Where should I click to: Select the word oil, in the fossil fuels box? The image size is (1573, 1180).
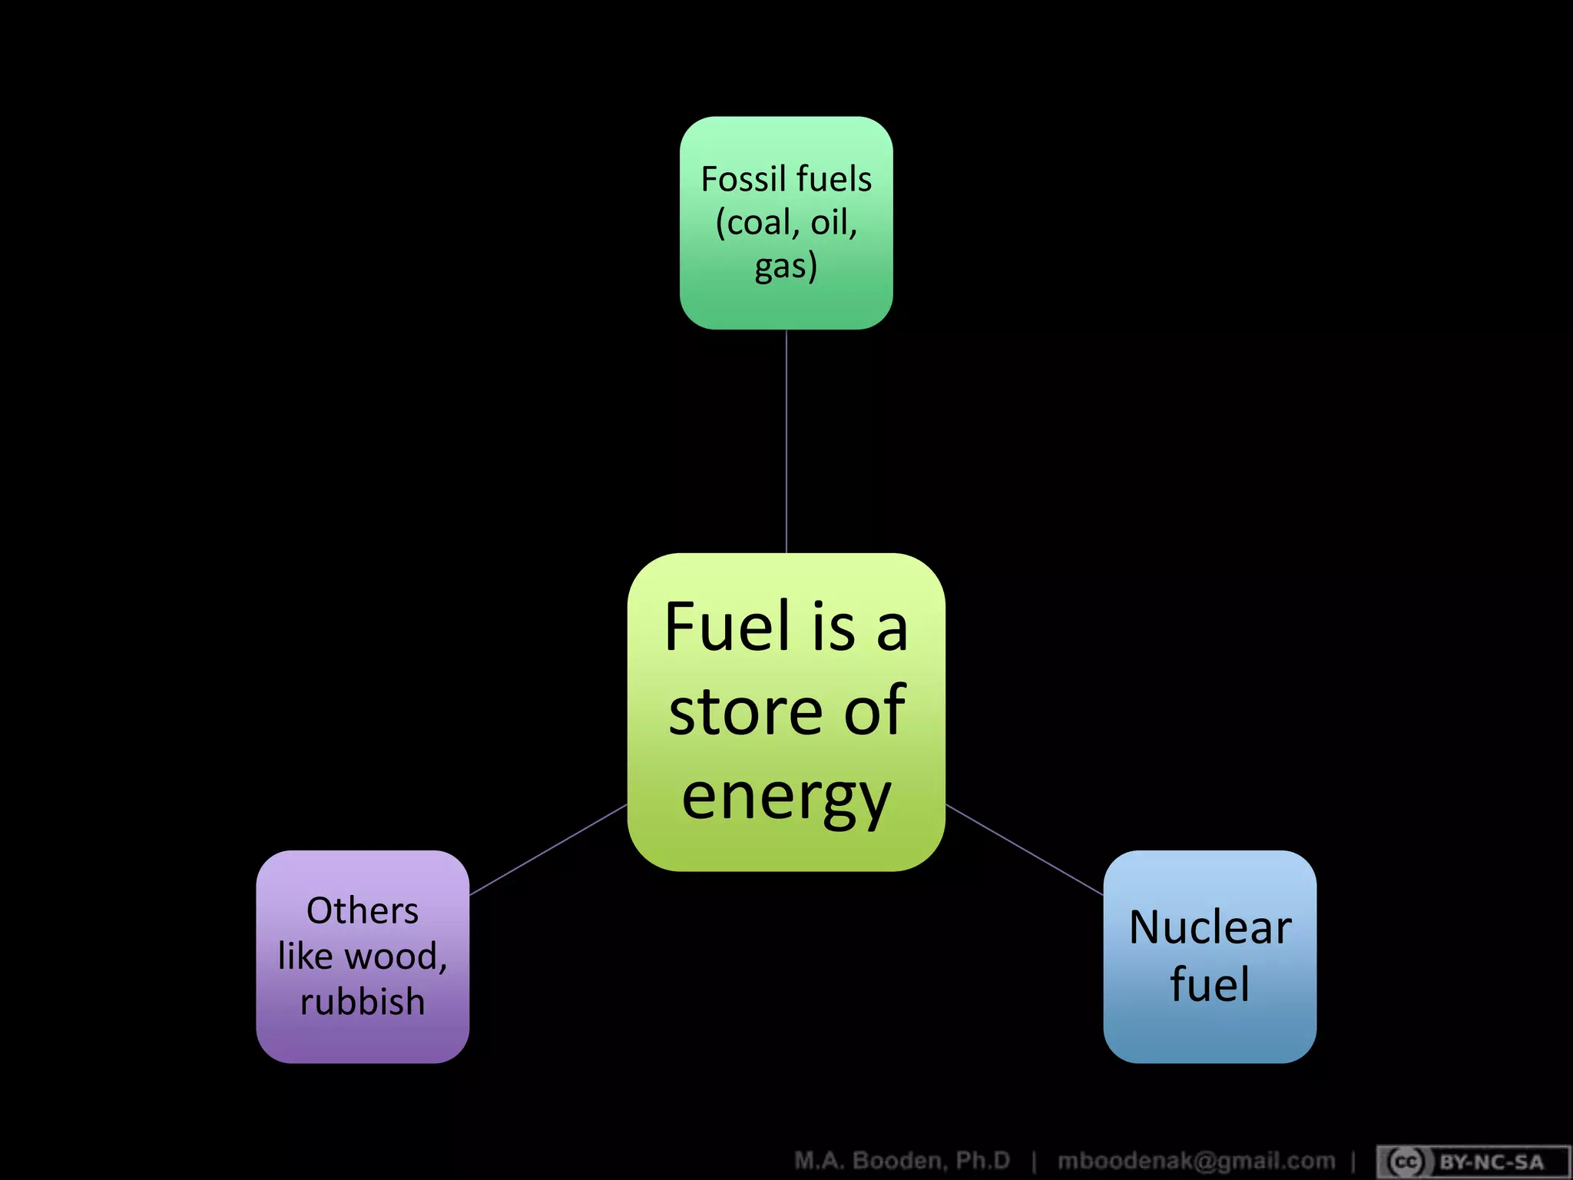[x=834, y=223]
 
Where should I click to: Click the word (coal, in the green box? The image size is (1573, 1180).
[x=757, y=223]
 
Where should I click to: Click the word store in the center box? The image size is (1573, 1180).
[x=750, y=712]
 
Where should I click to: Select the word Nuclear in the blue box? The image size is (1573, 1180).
[x=1210, y=927]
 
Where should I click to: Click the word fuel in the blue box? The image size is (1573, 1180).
[x=1210, y=984]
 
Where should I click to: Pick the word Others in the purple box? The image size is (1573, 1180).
[x=363, y=911]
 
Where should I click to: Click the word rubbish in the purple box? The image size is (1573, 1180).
[x=363, y=1002]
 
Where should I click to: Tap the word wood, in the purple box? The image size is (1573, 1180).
[x=396, y=957]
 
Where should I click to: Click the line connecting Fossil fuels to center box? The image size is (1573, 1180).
[x=786, y=442]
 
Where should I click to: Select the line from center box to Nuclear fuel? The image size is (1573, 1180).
[x=1024, y=850]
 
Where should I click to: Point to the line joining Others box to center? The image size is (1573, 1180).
[x=548, y=850]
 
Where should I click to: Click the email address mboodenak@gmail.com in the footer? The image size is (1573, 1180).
[x=1196, y=1160]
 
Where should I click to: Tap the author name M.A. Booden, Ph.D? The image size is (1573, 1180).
[x=902, y=1160]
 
